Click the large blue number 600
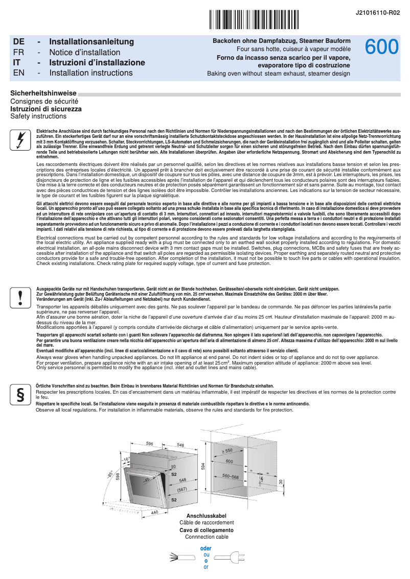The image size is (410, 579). (381, 47)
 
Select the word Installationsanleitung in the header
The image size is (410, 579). (92, 41)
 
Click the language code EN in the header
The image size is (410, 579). (18, 73)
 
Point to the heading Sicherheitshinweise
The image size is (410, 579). (43, 93)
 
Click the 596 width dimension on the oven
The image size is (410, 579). (150, 444)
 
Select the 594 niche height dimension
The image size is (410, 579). (203, 466)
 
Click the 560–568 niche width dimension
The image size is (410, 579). (231, 476)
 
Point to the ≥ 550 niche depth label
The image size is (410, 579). (226, 451)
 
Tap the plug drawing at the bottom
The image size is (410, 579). (233, 557)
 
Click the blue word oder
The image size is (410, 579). (206, 548)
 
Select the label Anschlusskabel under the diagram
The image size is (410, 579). (207, 516)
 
